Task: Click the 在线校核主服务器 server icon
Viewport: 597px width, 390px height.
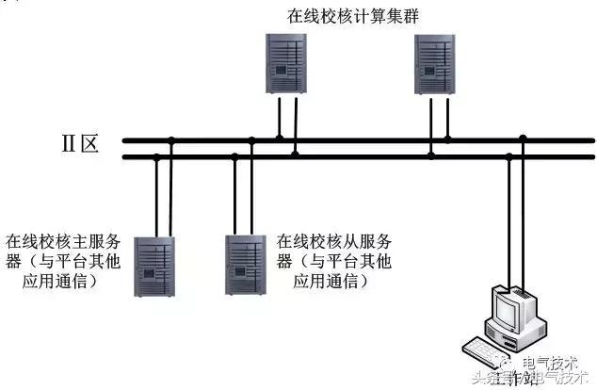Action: pos(153,267)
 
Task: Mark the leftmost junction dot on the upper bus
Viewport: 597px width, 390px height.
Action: pos(171,140)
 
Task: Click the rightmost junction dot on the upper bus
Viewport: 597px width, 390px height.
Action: pos(524,140)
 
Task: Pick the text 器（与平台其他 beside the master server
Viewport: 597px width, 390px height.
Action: pos(61,261)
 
